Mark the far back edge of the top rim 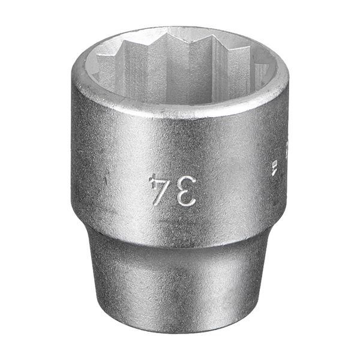[x=180, y=28]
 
